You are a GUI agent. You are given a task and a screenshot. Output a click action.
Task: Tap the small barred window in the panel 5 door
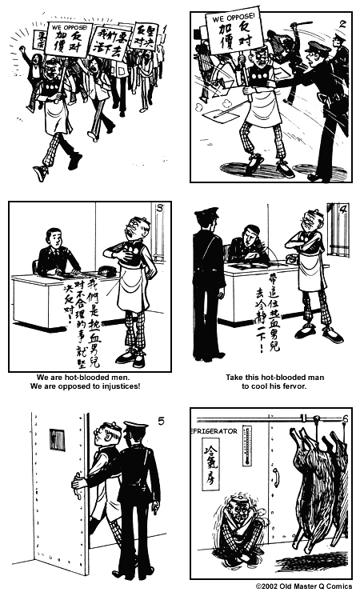(x=57, y=439)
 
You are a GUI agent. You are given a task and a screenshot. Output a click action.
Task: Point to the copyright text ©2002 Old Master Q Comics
(x=305, y=586)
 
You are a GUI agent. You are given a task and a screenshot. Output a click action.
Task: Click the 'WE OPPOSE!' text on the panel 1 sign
(x=68, y=27)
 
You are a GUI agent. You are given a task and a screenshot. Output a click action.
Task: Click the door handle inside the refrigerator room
(x=275, y=478)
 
